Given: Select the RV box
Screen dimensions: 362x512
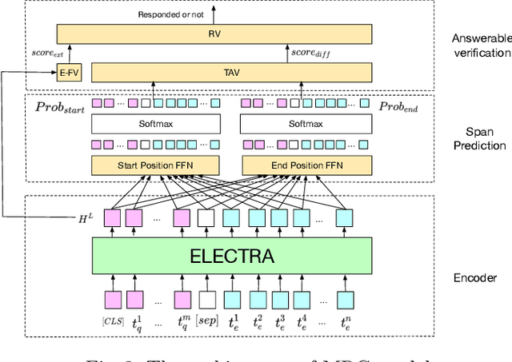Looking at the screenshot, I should click(214, 34).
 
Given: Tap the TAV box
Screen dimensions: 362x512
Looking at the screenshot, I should click(233, 73).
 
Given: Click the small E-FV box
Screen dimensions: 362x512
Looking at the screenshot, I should click(69, 73).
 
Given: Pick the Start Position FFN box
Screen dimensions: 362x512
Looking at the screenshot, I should click(154, 165).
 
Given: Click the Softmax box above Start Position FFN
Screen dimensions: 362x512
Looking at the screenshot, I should click(154, 124).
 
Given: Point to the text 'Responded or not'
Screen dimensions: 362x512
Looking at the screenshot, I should click(170, 14).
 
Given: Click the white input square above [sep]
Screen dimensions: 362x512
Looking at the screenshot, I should click(206, 299).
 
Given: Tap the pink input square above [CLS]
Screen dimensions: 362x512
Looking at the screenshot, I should click(112, 299).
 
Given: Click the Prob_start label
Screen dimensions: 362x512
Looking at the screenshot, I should click(61, 106).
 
